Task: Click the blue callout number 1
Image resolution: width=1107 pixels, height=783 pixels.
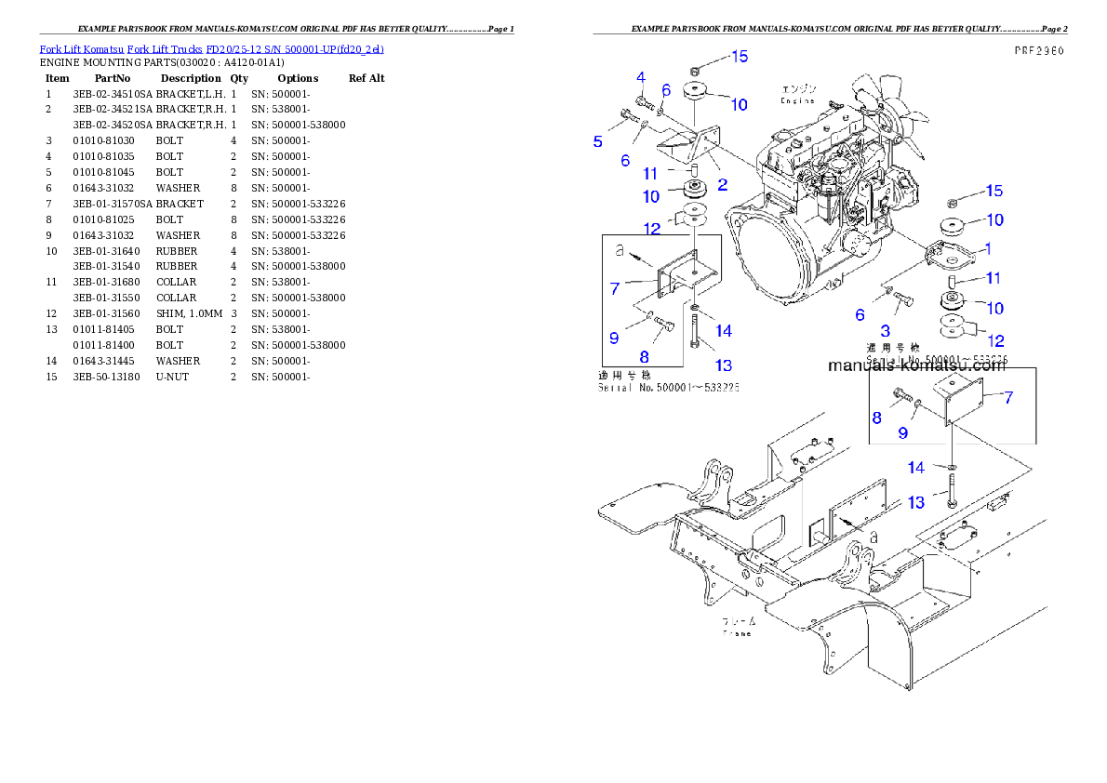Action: pos(987,249)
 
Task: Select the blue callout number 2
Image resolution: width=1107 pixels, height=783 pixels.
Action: pos(722,184)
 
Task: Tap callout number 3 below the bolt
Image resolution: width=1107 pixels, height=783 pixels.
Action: pos(885,330)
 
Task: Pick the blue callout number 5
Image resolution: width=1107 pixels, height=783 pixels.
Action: pos(597,141)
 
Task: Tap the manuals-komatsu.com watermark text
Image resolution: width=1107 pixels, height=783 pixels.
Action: pos(916,365)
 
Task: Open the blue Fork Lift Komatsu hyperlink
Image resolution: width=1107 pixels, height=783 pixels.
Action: pos(211,48)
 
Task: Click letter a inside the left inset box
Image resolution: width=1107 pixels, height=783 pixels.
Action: pos(620,250)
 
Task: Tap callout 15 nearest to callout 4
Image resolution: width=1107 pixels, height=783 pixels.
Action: pos(739,57)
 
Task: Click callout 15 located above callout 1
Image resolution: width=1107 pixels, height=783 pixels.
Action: pos(994,191)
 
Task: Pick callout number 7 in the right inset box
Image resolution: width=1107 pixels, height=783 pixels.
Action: pos(1008,397)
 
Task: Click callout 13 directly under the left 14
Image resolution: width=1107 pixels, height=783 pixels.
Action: pos(723,365)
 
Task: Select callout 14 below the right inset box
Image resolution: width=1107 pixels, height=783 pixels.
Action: pos(916,468)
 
